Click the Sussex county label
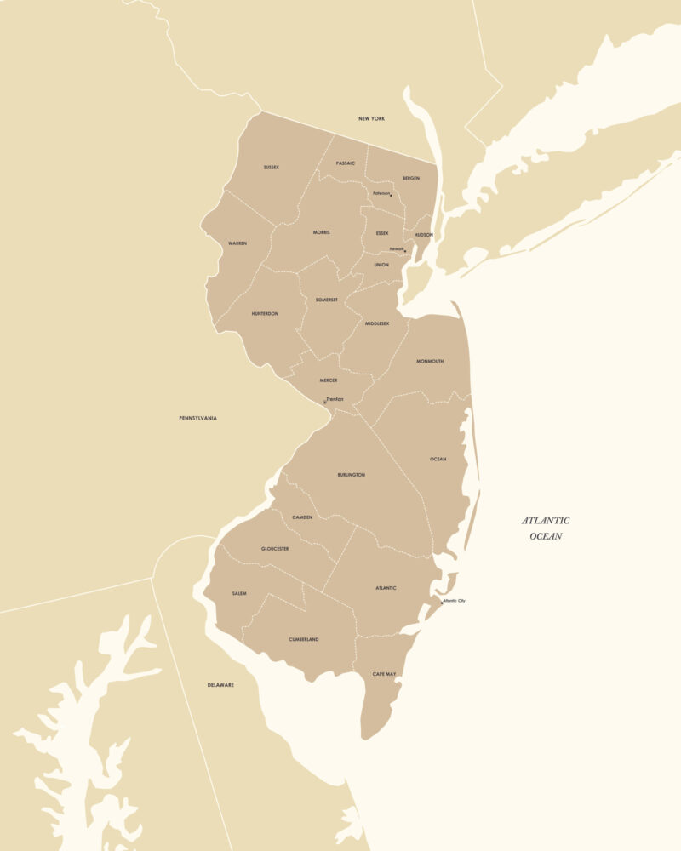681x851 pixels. [272, 168]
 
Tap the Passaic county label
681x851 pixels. [346, 163]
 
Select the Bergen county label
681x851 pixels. [411, 179]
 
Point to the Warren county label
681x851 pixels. [237, 243]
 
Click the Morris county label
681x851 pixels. [322, 232]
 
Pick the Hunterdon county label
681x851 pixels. [265, 314]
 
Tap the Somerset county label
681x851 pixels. [327, 300]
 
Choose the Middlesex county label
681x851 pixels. [377, 323]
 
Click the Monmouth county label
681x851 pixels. [430, 362]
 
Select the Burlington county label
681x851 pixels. [351, 475]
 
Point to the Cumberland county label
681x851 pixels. [304, 640]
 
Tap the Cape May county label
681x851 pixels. [384, 674]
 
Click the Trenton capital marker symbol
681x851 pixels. [324, 402]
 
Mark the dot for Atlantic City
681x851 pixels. [442, 603]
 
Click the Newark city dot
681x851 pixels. [405, 251]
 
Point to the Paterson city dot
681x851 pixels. [392, 196]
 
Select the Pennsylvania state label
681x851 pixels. [197, 419]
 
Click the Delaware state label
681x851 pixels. [220, 685]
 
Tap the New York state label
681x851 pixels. [371, 119]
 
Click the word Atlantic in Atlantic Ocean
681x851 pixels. [546, 521]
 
